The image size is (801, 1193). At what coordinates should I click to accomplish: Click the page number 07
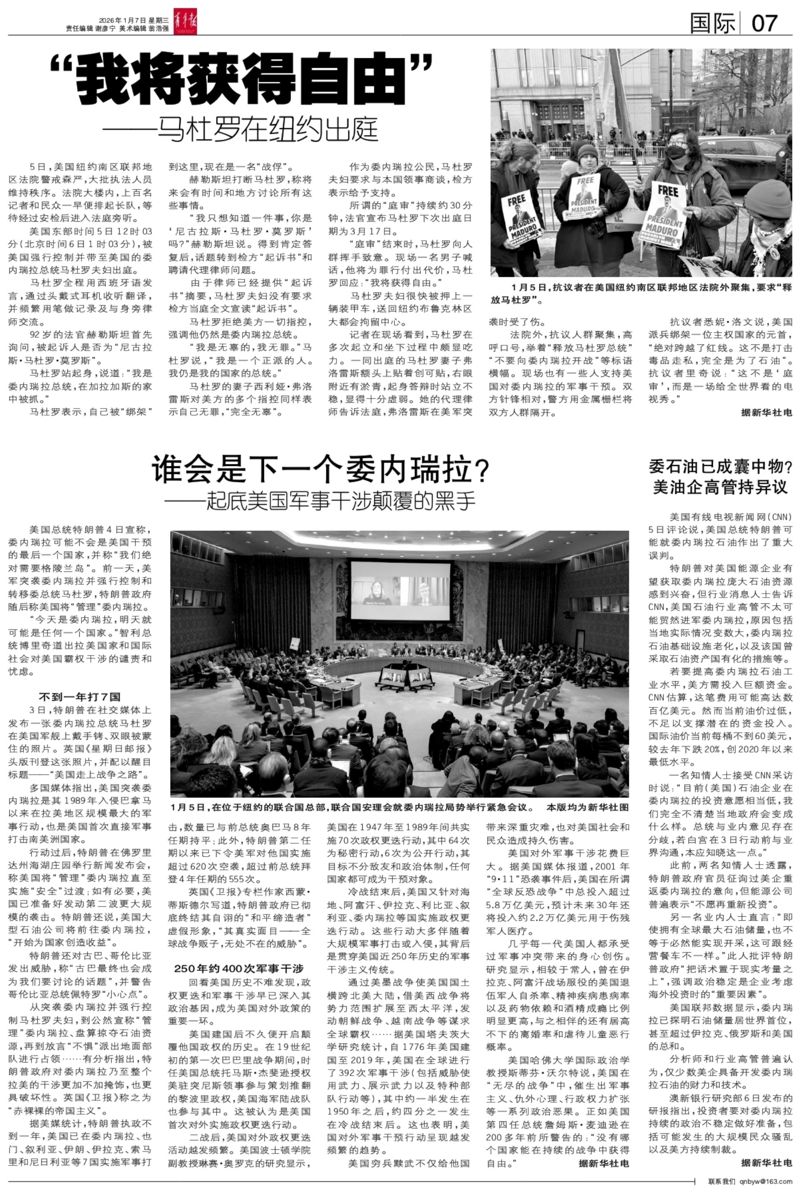coord(765,24)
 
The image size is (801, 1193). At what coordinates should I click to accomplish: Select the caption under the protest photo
coord(641,294)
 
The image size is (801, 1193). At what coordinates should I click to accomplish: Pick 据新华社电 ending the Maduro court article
coord(766,412)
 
